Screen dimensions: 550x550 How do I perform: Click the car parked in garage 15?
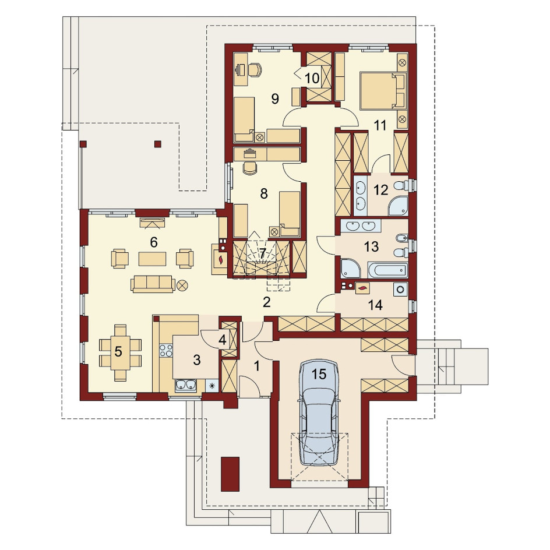click(319, 412)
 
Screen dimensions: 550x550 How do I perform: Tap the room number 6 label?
click(154, 242)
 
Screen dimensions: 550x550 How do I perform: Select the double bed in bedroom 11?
click(383, 90)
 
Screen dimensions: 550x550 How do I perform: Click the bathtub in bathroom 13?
click(388, 270)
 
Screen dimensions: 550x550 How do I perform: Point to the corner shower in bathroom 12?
click(399, 206)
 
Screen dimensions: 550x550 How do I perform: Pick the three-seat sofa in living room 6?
click(153, 284)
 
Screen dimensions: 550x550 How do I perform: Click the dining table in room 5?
click(120, 352)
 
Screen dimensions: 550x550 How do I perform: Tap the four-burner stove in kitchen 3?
click(166, 350)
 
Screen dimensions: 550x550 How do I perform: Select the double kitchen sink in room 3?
click(186, 385)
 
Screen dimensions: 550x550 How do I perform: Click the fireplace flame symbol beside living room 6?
click(221, 260)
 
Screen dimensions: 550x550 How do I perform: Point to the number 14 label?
click(375, 305)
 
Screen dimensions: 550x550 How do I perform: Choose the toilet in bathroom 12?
click(402, 185)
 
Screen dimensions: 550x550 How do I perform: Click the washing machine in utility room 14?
click(400, 290)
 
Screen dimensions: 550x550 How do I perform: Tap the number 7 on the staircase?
click(263, 252)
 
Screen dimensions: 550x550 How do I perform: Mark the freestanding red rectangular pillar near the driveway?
click(230, 474)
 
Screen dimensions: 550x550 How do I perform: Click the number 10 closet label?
click(312, 78)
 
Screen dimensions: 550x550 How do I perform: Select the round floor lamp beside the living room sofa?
click(182, 285)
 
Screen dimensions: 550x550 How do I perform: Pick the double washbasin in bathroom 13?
click(361, 226)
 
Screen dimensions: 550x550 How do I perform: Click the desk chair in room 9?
click(255, 69)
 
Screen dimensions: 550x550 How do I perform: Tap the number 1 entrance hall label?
click(257, 366)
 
